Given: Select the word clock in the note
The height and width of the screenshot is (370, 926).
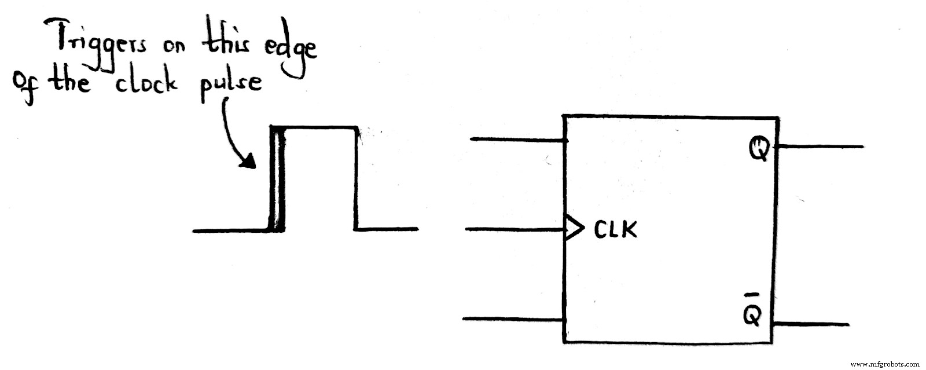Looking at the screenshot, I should (x=145, y=85).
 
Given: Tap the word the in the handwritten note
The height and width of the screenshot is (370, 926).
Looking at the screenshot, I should (x=69, y=83).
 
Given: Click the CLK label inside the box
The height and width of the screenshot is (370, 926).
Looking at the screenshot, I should (x=615, y=230).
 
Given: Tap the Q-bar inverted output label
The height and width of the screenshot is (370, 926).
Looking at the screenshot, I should (x=752, y=313).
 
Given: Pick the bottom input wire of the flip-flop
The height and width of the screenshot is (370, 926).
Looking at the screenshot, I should (x=513, y=319).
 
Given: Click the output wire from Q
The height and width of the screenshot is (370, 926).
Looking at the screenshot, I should (x=819, y=147).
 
